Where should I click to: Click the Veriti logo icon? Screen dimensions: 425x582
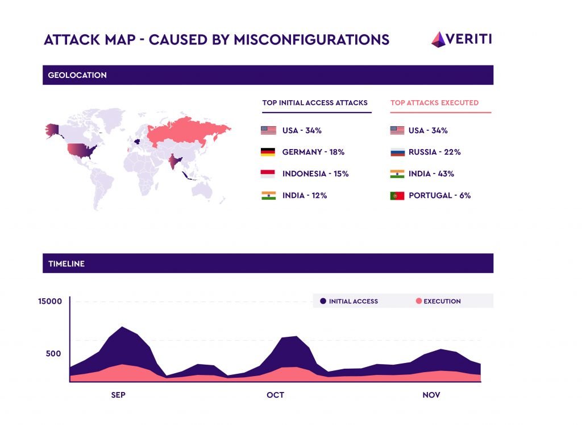(x=438, y=39)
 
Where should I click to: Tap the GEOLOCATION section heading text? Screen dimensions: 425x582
(x=77, y=75)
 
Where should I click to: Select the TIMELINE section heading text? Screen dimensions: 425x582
(x=66, y=264)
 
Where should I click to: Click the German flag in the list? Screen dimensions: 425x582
(x=268, y=152)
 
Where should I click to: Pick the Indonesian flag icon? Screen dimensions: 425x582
(x=268, y=174)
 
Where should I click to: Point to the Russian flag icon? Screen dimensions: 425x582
(x=397, y=152)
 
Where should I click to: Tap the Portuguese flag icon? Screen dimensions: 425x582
(x=397, y=196)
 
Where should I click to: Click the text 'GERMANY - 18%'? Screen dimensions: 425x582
(x=313, y=152)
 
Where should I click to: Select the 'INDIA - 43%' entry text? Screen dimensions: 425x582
(x=431, y=174)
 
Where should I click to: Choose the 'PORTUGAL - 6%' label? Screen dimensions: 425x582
(x=439, y=196)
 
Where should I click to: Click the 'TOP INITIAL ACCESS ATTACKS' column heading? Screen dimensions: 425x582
(x=315, y=103)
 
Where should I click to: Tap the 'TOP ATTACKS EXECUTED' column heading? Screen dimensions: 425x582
(x=434, y=103)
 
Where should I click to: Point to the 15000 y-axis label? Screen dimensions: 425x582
(x=50, y=301)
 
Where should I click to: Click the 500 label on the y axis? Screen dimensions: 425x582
(x=53, y=353)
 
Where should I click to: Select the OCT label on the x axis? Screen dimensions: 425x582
(x=275, y=395)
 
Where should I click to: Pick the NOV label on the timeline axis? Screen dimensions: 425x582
(x=431, y=395)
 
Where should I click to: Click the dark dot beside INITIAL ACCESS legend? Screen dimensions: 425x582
(x=323, y=301)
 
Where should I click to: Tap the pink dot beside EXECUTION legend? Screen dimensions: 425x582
(x=419, y=301)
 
